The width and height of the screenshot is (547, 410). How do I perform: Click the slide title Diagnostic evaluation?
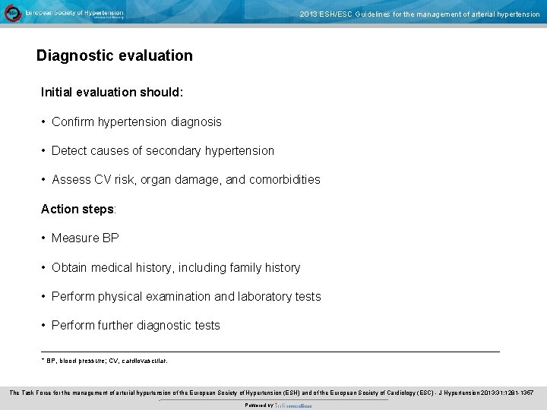tap(115, 55)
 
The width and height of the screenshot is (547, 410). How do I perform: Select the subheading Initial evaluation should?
tap(112, 92)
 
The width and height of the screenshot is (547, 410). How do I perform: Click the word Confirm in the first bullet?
tap(73, 121)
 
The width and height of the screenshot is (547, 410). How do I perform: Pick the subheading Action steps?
tap(78, 209)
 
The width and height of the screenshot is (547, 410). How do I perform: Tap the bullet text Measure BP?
tap(85, 238)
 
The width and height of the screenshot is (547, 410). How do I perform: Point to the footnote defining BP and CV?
tap(106, 361)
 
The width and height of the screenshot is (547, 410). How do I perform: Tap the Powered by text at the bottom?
tap(259, 405)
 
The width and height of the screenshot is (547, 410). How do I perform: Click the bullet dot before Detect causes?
tap(44, 151)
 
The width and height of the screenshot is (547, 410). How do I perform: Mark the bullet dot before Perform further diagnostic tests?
tap(44, 326)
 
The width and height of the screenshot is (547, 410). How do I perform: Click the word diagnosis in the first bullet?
tap(196, 121)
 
